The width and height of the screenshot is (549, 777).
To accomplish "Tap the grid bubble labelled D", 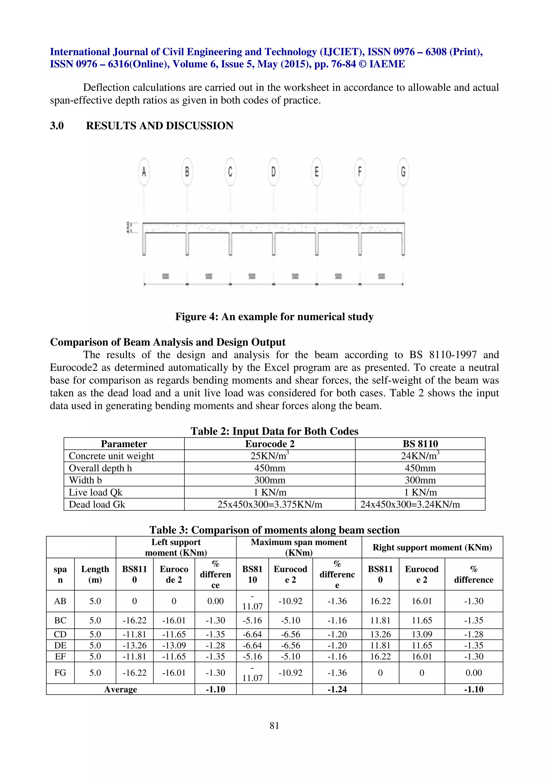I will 273,172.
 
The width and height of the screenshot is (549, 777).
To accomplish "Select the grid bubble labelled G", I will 403,172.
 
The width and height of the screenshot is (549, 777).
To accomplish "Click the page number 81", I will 274,725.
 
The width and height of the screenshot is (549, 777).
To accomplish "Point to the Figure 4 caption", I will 274,316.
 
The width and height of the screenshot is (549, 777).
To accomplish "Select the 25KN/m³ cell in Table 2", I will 270,456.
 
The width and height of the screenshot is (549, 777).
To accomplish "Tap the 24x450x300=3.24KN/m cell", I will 410,505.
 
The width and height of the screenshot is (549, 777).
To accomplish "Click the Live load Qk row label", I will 95,492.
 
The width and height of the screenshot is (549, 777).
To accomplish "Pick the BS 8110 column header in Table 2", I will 420,444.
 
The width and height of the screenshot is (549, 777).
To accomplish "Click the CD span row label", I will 60,635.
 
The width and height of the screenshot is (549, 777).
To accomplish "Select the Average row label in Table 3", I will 120,689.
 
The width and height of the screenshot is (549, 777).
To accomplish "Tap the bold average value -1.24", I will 337,689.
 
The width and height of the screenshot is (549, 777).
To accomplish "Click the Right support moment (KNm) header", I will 432,547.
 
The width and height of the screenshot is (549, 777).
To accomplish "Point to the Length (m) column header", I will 95,574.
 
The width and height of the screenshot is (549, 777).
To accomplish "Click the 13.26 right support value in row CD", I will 380,635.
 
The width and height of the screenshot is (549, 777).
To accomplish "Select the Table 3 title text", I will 274,530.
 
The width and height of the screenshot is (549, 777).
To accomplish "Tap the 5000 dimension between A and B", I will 165,276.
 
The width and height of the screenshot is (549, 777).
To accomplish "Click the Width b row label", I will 85,480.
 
